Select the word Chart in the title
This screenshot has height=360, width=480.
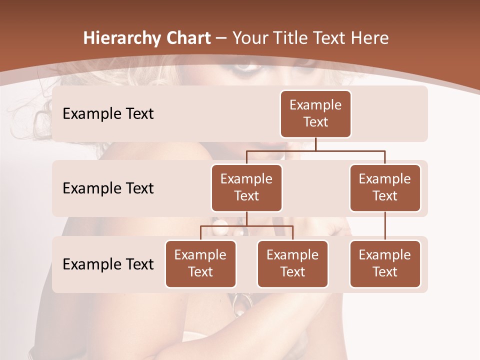[x=186, y=38]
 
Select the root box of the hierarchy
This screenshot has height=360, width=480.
[x=315, y=113]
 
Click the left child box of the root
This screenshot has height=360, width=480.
[x=246, y=187]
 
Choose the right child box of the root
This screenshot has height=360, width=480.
[x=385, y=187]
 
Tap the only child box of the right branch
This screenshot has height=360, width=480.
[x=385, y=263]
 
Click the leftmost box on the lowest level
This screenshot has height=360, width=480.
[x=200, y=263]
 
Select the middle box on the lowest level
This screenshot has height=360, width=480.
[x=292, y=263]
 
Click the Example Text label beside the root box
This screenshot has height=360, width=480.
[x=108, y=113]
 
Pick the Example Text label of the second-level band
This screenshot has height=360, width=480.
[x=108, y=188]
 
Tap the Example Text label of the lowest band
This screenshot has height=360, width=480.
[x=108, y=264]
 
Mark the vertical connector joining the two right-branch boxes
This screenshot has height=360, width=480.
[x=385, y=226]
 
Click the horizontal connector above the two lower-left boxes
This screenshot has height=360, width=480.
[x=246, y=226]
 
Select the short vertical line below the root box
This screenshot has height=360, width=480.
[x=315, y=144]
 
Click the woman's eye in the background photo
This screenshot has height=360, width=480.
[x=245, y=66]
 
